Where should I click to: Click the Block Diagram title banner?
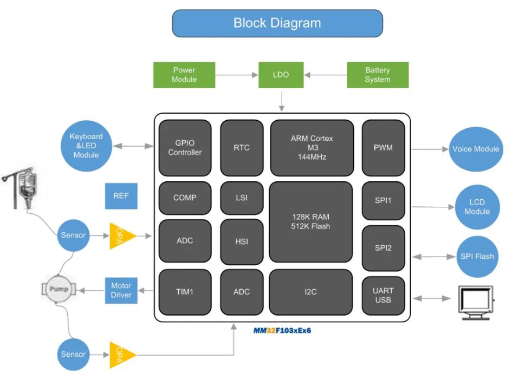(x=277, y=23)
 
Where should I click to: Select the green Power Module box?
(x=184, y=75)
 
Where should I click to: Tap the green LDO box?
(x=281, y=75)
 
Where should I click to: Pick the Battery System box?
(x=377, y=75)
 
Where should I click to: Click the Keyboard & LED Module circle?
(x=86, y=146)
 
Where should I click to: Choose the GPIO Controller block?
(x=185, y=148)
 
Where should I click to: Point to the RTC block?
(x=242, y=148)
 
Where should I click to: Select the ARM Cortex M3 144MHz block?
(x=312, y=148)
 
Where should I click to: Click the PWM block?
(x=383, y=148)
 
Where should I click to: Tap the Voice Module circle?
(x=475, y=149)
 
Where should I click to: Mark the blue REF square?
(x=121, y=196)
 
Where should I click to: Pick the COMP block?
(x=185, y=198)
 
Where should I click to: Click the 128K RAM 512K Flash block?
(x=311, y=221)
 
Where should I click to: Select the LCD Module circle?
(x=477, y=207)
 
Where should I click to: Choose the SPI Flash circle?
(x=477, y=256)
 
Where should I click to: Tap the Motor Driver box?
(x=121, y=290)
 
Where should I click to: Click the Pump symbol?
(x=60, y=290)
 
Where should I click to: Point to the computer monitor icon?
(x=476, y=302)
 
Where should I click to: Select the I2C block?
(x=310, y=292)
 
